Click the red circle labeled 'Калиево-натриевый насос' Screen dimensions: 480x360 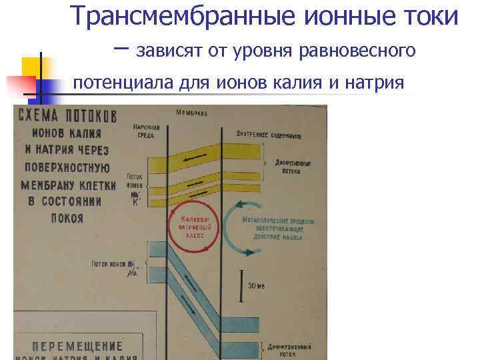tap(194, 226)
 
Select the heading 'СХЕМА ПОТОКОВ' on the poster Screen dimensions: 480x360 tap(67, 115)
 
